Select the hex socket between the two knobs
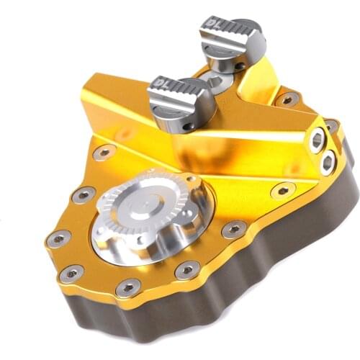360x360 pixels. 214,81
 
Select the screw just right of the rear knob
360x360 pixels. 287,98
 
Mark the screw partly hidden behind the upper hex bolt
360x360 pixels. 332,127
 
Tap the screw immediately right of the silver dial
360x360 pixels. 233,230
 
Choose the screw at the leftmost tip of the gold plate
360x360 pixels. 57,238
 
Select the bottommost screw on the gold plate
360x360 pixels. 128,287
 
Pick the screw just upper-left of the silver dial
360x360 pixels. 84,194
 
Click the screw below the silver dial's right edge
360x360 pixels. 187,270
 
